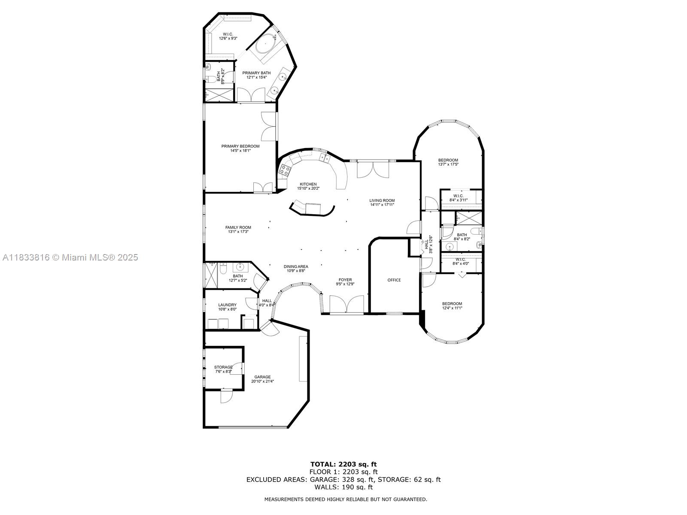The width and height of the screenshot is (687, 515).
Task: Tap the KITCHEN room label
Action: [308, 184]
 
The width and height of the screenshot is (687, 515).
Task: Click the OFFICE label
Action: [394, 280]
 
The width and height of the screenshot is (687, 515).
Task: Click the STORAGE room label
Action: [223, 367]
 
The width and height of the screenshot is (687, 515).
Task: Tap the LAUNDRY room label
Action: [227, 305]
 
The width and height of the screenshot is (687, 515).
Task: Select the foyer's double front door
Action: [347, 304]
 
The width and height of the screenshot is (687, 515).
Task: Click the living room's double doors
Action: [373, 170]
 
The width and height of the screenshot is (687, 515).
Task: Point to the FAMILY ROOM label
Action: [238, 227]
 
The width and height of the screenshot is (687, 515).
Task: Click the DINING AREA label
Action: [296, 267]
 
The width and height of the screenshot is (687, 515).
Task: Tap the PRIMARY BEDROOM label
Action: [240, 146]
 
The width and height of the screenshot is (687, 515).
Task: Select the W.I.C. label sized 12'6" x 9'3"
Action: [228, 36]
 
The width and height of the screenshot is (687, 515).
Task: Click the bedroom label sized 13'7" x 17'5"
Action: [448, 162]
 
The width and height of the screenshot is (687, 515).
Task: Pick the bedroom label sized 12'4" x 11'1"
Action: [452, 306]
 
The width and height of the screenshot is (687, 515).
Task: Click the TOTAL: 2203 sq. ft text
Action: [343, 464]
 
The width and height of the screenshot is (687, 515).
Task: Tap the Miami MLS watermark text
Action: [70, 257]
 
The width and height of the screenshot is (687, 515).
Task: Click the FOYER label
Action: [345, 280]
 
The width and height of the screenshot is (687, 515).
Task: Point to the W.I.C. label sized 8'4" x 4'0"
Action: [461, 261]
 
